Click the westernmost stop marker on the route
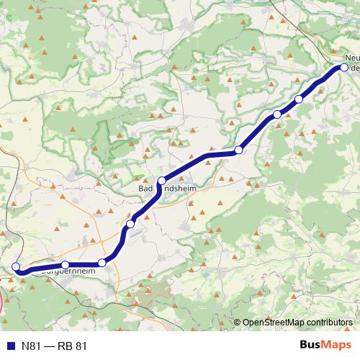[x=16, y=266]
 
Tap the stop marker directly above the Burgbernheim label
[x=66, y=265]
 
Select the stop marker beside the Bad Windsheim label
[x=162, y=181]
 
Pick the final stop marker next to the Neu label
[x=344, y=67]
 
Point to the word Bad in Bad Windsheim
[x=145, y=188]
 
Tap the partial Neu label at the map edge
[x=352, y=56]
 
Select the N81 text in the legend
[x=30, y=346]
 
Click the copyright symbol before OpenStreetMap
[x=238, y=322]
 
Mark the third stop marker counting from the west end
[x=102, y=263]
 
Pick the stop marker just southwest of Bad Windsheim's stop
[x=130, y=225]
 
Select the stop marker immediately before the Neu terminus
[x=299, y=99]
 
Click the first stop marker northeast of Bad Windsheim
[x=239, y=150]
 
